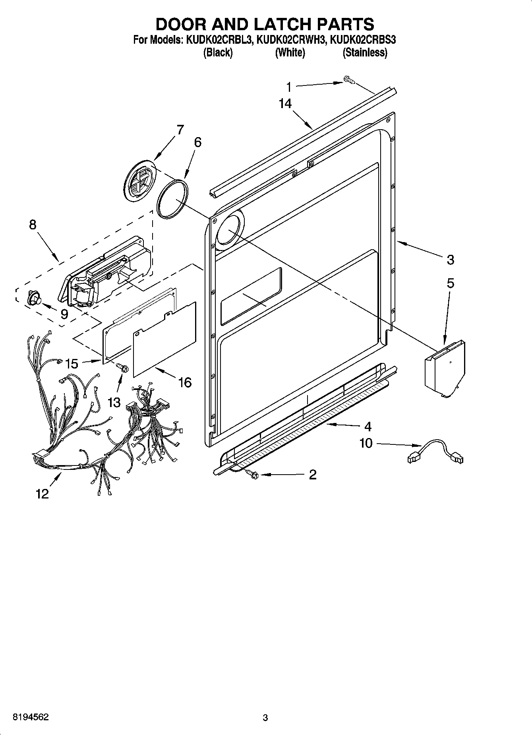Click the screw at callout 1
(x=348, y=81)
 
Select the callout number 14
(x=285, y=104)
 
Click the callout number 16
(x=185, y=382)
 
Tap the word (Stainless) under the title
(x=365, y=52)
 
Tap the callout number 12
(x=42, y=494)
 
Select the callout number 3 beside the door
(x=450, y=260)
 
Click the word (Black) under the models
(x=218, y=52)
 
